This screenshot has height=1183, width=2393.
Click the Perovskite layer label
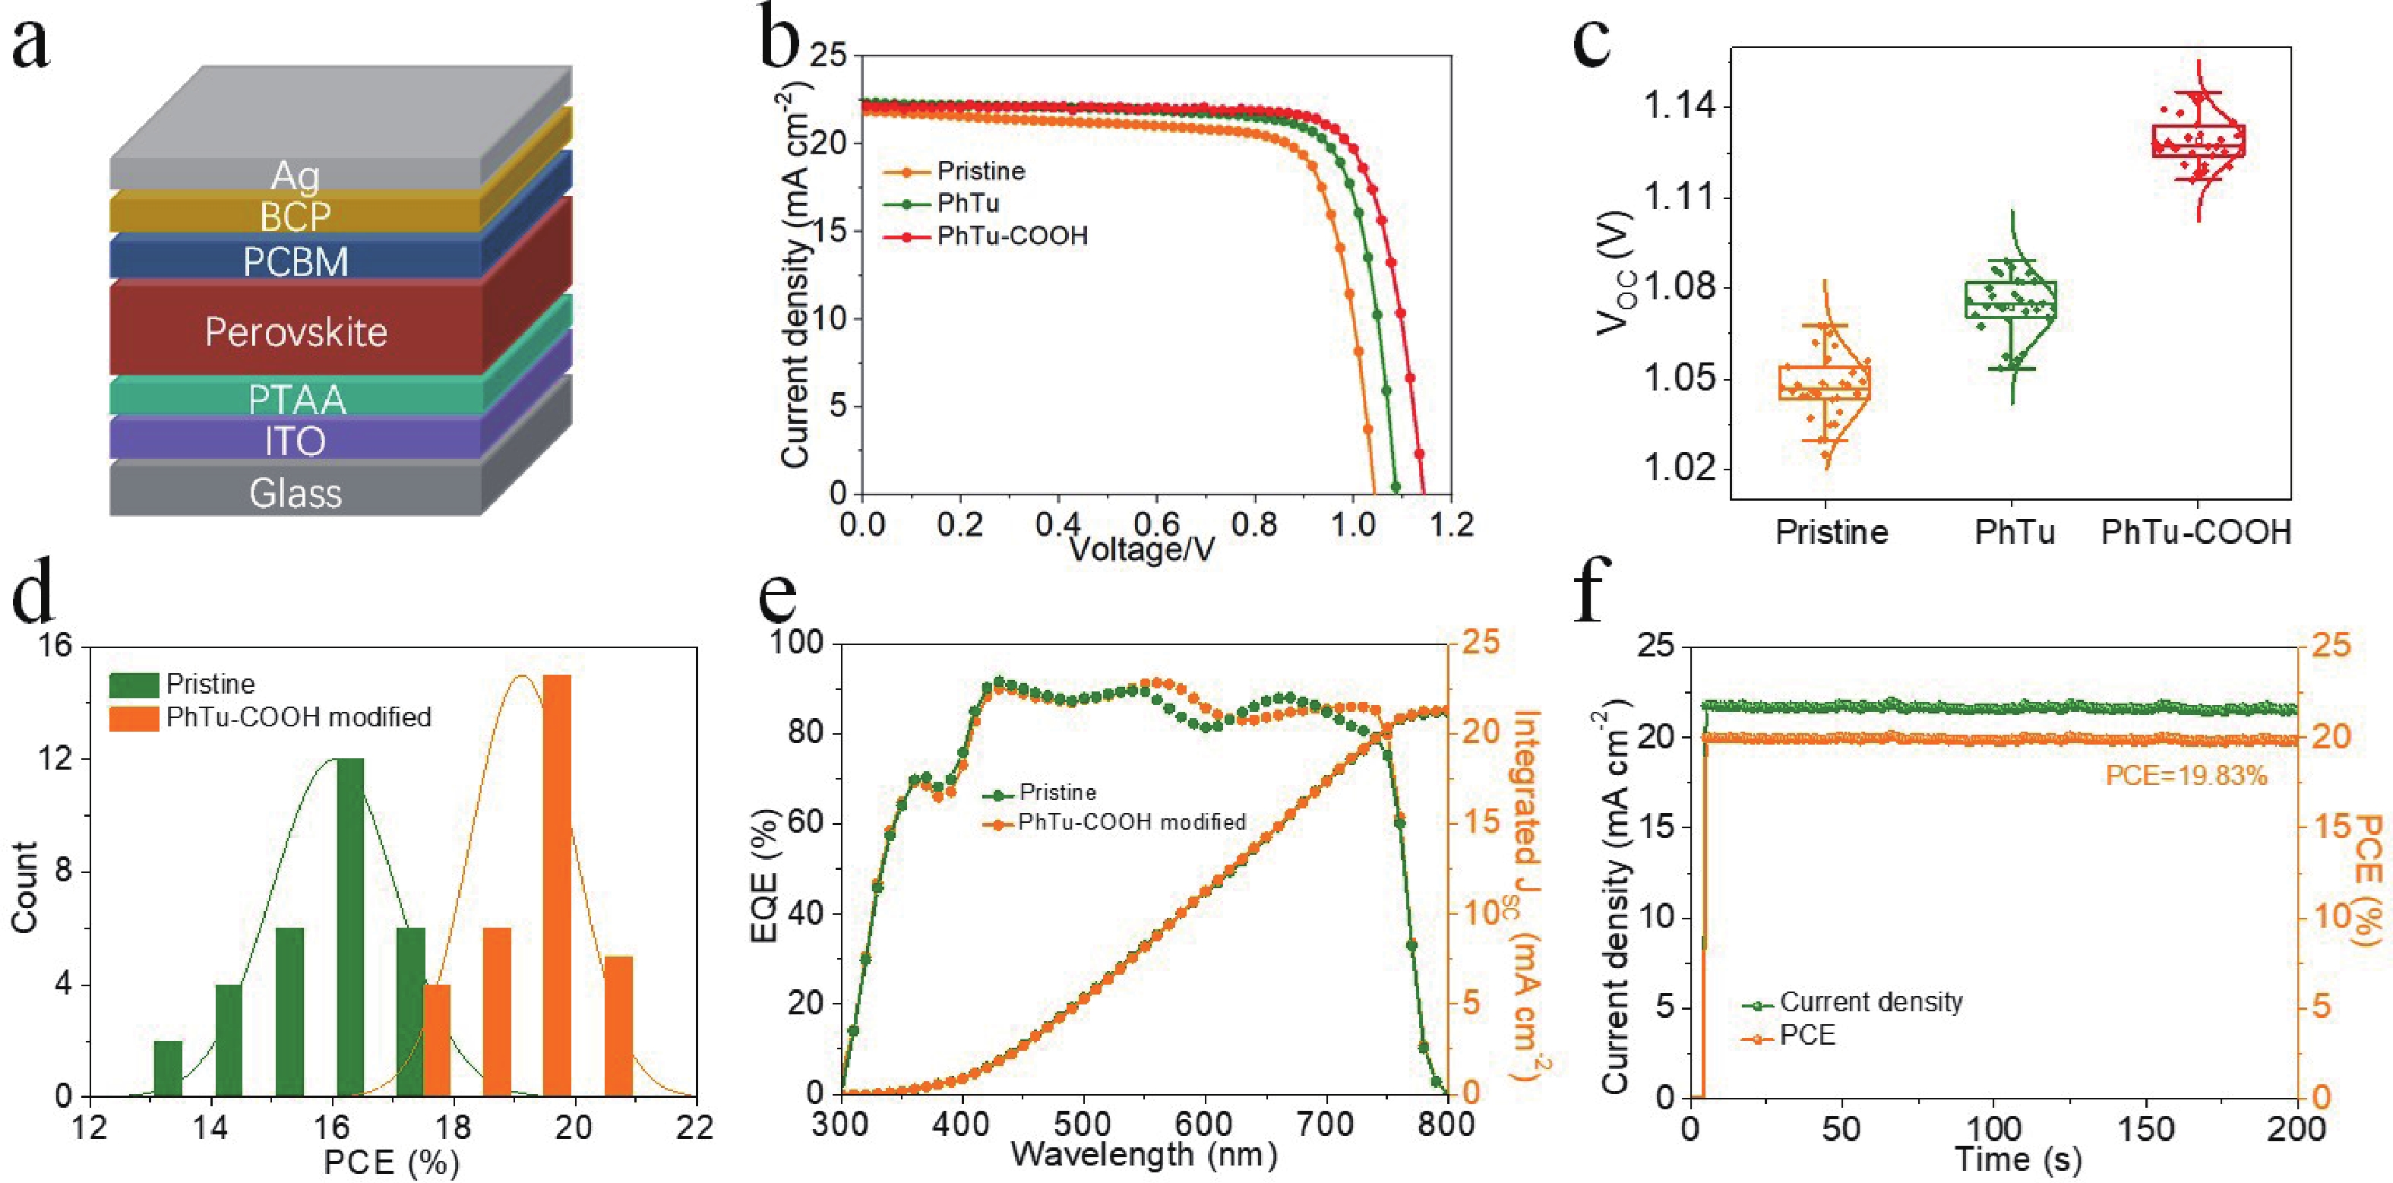296,333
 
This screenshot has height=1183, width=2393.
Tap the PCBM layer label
296,263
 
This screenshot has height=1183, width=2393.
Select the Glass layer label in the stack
296,493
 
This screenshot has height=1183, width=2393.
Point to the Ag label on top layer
296,176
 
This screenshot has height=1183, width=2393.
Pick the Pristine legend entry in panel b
980,172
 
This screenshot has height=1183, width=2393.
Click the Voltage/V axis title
1141,550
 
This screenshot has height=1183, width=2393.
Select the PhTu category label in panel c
2014,533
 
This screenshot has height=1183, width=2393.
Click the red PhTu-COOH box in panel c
2198,141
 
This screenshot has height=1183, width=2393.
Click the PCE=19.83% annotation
2186,775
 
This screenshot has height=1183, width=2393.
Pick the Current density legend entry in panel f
1870,1001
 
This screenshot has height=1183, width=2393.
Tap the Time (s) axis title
2018,1159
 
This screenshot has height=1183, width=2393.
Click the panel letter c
1592,42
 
